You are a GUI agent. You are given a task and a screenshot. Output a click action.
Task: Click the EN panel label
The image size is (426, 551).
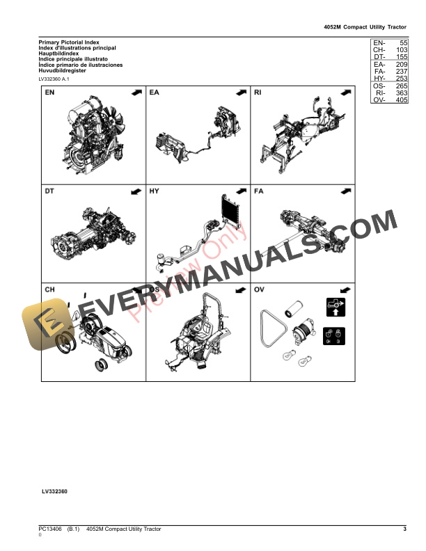point(50,93)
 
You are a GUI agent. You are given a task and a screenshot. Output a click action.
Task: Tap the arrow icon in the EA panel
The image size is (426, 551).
point(240,93)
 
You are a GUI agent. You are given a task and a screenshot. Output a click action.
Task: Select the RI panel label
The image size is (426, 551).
point(258,93)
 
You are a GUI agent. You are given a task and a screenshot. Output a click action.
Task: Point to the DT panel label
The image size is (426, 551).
point(50,191)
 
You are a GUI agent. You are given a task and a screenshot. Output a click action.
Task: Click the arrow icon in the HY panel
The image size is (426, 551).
point(240,191)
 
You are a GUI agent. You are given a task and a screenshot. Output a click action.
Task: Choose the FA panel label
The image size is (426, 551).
point(259,191)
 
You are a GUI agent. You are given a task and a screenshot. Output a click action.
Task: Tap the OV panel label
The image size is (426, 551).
point(259,289)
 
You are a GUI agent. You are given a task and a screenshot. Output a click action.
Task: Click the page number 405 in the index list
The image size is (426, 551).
point(401,100)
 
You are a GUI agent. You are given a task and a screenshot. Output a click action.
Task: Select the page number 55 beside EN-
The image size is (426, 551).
point(404,43)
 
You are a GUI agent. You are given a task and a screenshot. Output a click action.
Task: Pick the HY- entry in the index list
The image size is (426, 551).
point(379,79)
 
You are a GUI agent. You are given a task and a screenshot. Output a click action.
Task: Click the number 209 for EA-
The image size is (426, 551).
point(401,65)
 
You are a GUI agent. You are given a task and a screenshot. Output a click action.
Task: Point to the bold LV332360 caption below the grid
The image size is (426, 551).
point(54,491)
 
